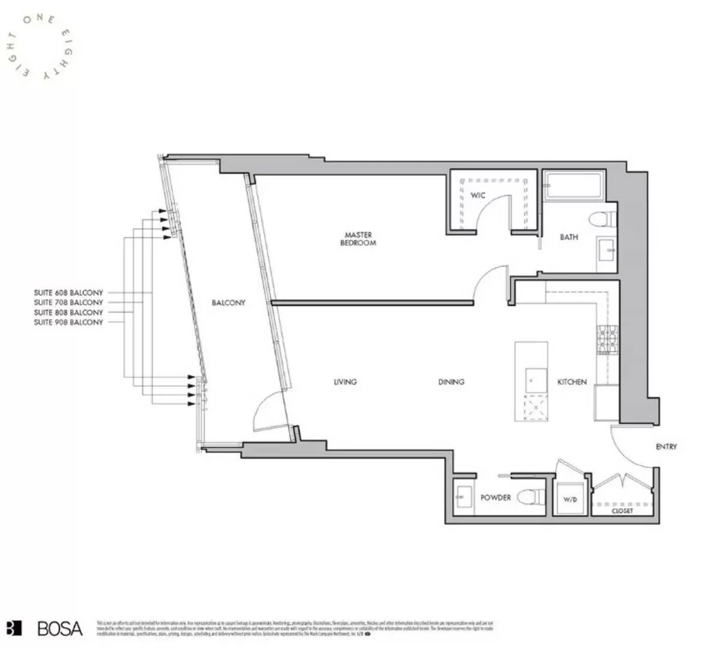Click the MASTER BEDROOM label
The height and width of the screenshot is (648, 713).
tap(358, 239)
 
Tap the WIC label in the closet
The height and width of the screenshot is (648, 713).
tap(478, 196)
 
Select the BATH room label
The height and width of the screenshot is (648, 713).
tap(569, 237)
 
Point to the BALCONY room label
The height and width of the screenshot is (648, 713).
tap(228, 303)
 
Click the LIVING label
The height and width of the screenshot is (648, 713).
tap(345, 382)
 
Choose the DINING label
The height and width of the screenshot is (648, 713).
tap(451, 382)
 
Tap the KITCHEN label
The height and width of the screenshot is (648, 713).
tap(572, 382)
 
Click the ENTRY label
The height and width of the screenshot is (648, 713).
tap(666, 446)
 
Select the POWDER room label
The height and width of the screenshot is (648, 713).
tap(496, 497)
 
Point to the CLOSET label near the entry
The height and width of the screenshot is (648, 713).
tap(622, 511)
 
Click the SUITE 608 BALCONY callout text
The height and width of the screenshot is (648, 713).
tap(68, 293)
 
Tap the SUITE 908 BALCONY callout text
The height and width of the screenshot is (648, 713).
tap(68, 322)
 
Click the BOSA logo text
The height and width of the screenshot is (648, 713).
tap(59, 628)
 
